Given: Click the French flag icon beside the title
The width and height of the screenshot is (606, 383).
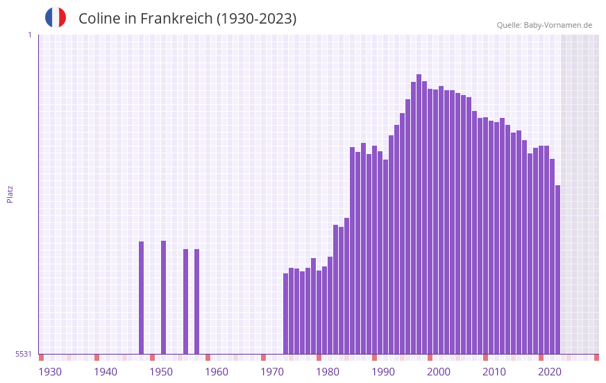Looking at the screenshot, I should coord(56,18).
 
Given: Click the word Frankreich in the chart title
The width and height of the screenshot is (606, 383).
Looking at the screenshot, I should coord(176,19).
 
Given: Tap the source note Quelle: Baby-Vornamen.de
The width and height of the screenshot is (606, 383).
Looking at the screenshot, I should coord(544,25).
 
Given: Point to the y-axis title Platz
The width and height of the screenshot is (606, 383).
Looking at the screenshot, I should coord(10,194).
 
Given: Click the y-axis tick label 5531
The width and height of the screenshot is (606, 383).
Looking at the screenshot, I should coord(24,354).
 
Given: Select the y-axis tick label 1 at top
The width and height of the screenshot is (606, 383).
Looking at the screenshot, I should coord(29,35).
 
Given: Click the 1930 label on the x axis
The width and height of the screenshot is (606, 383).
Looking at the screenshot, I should coord(50,372).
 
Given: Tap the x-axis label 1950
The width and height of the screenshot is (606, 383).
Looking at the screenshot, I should coord(161,372).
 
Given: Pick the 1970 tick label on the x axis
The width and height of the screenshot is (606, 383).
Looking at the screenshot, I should coord(272,372).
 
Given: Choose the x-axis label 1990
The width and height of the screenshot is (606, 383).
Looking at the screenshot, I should coord(383,372).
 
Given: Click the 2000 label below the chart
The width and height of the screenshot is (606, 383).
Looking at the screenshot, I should coord(439,372).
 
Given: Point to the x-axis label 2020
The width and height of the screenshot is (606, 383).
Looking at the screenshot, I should coord(550,372).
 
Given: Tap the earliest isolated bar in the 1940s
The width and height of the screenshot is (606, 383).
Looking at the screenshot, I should coord(141,298).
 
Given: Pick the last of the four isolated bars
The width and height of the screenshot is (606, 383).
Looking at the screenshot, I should coord(196,301).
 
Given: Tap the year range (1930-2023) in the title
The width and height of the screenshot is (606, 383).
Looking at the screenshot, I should coord(256,19).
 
